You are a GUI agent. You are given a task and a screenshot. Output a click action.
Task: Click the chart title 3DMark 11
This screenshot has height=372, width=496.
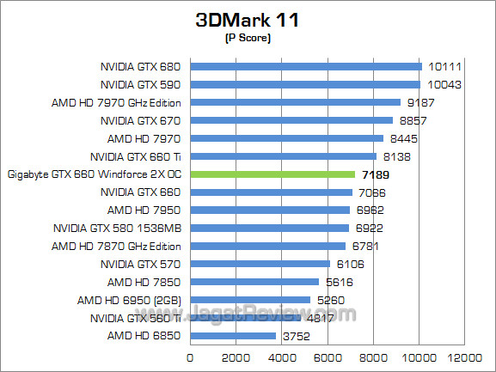(248, 20)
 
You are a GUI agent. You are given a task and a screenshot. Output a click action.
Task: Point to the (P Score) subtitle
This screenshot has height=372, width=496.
(248, 39)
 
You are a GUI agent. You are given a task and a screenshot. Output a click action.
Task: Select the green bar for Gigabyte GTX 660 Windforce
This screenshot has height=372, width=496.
(272, 174)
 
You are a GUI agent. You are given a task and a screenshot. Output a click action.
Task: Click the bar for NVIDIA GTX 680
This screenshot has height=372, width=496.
(305, 66)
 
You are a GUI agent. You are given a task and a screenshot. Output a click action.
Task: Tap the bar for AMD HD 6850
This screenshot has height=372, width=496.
(232, 336)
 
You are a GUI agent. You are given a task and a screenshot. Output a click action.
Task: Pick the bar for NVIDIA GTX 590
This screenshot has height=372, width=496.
(304, 84)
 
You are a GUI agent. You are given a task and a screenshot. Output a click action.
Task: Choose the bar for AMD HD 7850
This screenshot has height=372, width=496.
(254, 282)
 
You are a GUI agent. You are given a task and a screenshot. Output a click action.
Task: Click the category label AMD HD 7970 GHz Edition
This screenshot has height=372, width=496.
(118, 102)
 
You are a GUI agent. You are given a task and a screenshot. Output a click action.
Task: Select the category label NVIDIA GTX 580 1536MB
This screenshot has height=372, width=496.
(119, 228)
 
